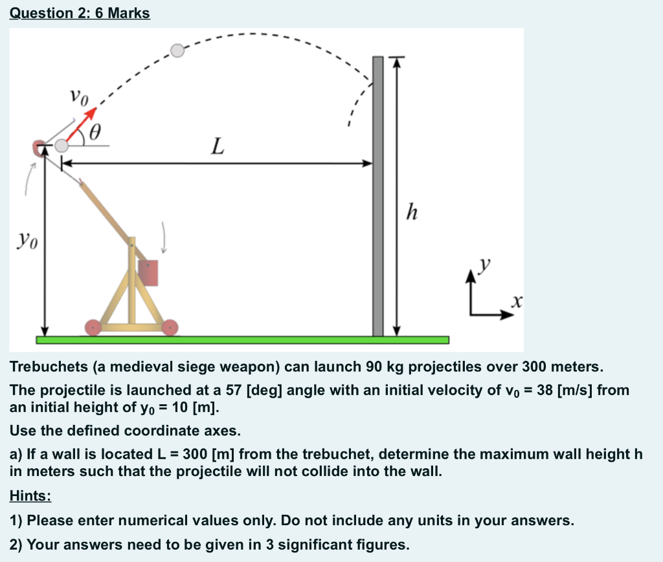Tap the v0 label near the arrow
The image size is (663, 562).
(x=78, y=98)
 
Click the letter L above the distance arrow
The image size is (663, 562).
(x=218, y=149)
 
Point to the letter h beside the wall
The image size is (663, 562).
(x=410, y=210)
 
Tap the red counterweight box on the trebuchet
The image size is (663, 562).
(x=148, y=273)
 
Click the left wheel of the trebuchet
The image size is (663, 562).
(x=93, y=328)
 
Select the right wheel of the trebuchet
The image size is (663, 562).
(x=170, y=328)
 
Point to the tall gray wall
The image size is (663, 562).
(x=378, y=194)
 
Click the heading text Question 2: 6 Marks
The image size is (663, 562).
(x=80, y=13)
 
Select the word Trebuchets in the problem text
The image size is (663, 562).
(x=49, y=367)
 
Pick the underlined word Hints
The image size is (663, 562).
(x=30, y=496)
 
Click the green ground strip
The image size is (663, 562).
(x=242, y=340)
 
